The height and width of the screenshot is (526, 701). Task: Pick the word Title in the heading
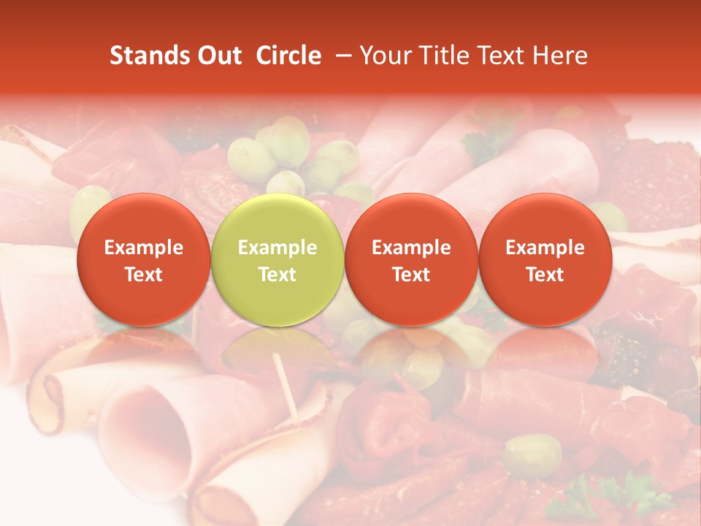tap(446, 56)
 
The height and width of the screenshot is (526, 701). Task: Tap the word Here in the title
tap(561, 56)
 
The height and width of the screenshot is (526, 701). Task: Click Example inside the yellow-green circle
tap(277, 248)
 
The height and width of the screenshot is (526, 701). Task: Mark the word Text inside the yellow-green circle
tap(277, 275)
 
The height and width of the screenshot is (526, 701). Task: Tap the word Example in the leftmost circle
tap(144, 248)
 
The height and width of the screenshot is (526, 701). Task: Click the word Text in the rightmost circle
tap(545, 275)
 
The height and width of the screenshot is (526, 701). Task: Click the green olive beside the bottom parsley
tap(532, 454)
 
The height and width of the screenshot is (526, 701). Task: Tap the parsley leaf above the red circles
tap(485, 142)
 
